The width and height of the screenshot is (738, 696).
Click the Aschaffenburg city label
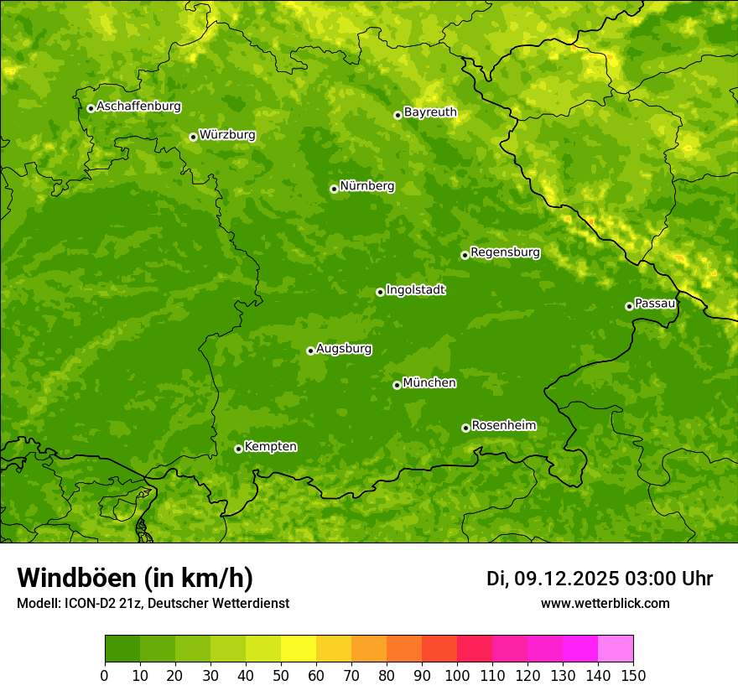[x=138, y=106]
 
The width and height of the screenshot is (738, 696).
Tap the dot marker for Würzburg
[x=193, y=137]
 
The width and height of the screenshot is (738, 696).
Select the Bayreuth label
[x=430, y=112]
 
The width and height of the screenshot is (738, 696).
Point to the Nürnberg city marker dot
[x=334, y=189]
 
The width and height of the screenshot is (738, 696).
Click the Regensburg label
[x=505, y=252]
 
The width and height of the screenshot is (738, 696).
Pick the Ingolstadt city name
[x=415, y=289]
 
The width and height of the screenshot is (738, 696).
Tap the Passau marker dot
[x=629, y=306]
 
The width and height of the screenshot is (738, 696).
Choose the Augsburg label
[x=344, y=348]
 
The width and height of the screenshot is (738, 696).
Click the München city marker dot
[x=397, y=385]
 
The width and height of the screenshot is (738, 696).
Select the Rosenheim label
[x=503, y=425]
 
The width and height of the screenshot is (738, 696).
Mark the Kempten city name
[x=270, y=446]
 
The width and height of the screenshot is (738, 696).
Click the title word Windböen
[x=76, y=578]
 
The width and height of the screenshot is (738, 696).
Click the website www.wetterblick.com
[x=605, y=603]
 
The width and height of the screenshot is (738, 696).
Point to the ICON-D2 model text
[x=91, y=603]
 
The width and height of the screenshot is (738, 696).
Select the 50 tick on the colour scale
[x=281, y=674]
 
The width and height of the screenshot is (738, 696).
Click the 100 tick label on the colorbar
[x=457, y=674]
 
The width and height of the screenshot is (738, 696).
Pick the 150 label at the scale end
[x=633, y=674]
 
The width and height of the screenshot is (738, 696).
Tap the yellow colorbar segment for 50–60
[x=299, y=649]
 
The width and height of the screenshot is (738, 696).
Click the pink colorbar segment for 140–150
[x=616, y=649]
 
